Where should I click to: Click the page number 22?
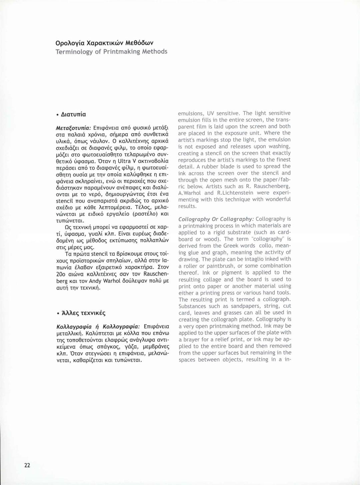click(27, 465)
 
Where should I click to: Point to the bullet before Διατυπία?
click(58, 115)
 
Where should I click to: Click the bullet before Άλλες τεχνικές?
click(58, 313)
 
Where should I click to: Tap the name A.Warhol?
click(190, 193)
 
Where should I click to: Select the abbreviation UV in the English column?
click(211, 113)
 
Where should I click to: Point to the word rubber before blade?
click(213, 166)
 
